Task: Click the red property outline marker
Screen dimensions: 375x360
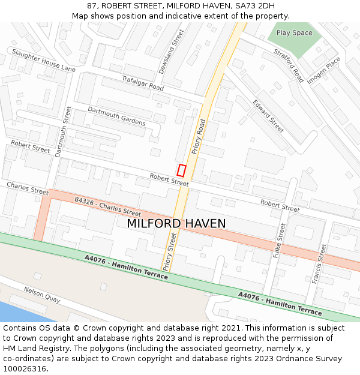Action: click(x=181, y=170)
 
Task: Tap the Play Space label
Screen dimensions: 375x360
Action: click(x=294, y=33)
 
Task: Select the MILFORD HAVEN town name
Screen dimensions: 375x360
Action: click(x=176, y=223)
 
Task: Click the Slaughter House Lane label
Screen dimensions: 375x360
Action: click(x=44, y=61)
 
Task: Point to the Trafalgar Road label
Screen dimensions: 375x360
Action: click(x=143, y=83)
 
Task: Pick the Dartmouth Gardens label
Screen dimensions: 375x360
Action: click(x=116, y=116)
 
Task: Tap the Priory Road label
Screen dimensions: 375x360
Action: click(x=198, y=138)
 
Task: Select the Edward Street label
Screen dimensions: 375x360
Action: click(x=268, y=116)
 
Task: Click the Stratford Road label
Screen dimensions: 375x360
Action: click(x=289, y=65)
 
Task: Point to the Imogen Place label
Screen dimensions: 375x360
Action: click(x=323, y=70)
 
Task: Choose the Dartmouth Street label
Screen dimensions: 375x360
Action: click(x=63, y=131)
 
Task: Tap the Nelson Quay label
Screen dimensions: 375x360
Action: click(x=42, y=295)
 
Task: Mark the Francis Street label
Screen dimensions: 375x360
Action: click(x=318, y=263)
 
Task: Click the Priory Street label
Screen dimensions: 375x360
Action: click(x=170, y=252)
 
